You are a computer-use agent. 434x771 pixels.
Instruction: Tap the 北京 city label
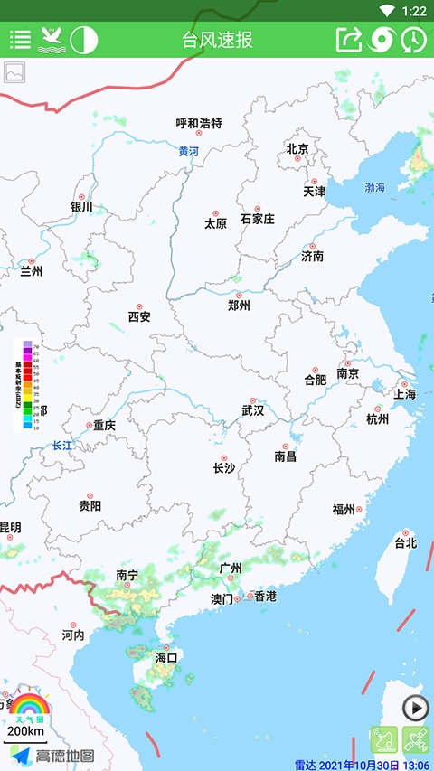(297, 148)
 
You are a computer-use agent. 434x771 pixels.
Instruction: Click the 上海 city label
(404, 394)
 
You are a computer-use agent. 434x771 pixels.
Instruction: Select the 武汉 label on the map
(253, 410)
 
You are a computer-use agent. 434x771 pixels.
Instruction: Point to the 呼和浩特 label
(199, 124)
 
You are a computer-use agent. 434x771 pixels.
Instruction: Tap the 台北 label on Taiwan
(405, 543)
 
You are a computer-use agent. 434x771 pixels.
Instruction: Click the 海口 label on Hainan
(166, 657)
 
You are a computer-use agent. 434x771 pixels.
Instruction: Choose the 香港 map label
(265, 597)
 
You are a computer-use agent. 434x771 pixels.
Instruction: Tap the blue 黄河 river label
(188, 152)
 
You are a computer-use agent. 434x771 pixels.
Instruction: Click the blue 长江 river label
(61, 446)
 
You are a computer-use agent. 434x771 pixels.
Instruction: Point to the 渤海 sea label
(374, 187)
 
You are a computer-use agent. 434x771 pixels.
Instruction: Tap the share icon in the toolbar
(348, 40)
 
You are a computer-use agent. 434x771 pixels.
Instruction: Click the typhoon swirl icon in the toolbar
(382, 40)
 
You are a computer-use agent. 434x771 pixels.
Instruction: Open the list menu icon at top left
(20, 40)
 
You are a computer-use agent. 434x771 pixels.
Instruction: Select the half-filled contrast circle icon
(83, 40)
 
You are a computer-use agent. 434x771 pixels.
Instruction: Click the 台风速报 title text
(217, 40)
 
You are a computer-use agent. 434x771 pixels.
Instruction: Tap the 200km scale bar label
(25, 730)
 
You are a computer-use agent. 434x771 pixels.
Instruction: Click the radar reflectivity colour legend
(26, 384)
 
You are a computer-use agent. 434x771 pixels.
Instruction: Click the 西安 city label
(139, 317)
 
